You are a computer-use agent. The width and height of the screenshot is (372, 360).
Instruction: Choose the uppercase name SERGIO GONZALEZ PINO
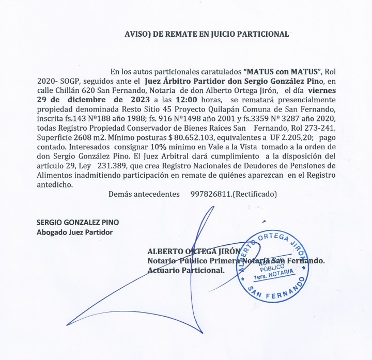[x=78, y=222]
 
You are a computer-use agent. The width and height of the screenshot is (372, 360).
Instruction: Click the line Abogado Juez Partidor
[x=74, y=232]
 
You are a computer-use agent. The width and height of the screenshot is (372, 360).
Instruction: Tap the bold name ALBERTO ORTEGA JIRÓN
[x=194, y=252]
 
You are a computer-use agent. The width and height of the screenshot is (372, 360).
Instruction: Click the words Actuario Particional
[x=186, y=270]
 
